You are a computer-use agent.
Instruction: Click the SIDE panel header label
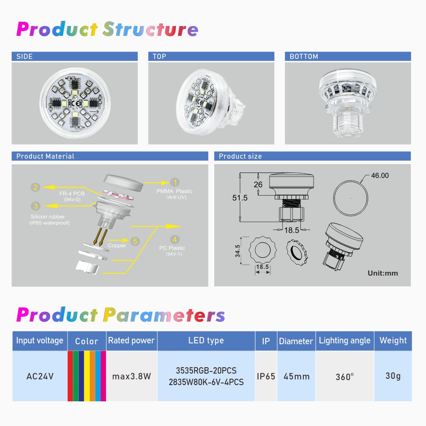(24, 57)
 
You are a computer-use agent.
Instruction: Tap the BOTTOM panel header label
(304, 57)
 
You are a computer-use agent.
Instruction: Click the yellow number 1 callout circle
(175, 182)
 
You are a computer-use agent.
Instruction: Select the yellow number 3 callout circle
(36, 206)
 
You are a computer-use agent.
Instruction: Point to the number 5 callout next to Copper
(135, 241)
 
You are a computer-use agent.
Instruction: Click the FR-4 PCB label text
(72, 194)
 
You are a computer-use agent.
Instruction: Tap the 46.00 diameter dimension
(380, 176)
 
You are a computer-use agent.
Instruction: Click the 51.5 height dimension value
(240, 198)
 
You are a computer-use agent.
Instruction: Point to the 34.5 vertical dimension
(238, 251)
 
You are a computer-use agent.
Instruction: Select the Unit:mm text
(383, 273)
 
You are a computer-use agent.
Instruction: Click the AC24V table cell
(40, 376)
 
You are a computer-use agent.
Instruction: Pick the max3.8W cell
(132, 376)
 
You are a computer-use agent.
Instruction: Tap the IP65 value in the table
(266, 376)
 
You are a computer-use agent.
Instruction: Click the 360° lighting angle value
(345, 377)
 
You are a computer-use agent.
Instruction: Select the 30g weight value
(393, 376)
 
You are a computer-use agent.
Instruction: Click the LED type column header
(206, 340)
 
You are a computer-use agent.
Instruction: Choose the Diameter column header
(296, 341)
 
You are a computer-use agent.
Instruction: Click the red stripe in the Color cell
(70, 376)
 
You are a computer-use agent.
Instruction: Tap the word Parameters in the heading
(164, 315)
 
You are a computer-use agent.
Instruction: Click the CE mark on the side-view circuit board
(78, 103)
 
